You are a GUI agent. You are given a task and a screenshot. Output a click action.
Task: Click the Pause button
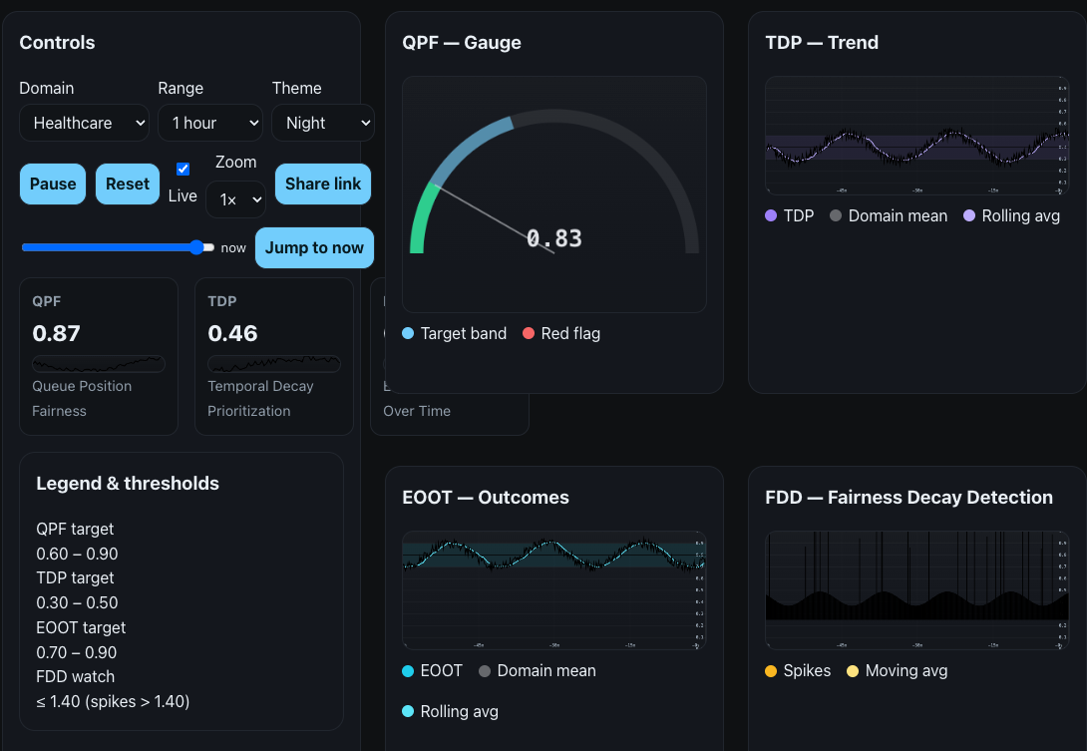tap(53, 184)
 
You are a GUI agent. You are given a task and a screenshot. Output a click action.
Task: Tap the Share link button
tap(323, 184)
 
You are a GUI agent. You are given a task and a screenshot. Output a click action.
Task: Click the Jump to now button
tap(314, 247)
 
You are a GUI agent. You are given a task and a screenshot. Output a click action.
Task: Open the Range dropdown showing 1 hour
tap(209, 123)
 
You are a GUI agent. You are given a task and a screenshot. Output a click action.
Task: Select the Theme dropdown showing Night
tap(323, 123)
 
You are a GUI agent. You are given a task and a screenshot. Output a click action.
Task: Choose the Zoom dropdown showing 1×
tap(235, 199)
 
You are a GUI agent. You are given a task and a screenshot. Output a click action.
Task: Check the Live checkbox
tap(182, 169)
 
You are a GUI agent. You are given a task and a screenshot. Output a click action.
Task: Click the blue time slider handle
tap(197, 247)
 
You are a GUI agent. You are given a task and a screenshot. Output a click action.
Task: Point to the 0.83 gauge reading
tap(553, 238)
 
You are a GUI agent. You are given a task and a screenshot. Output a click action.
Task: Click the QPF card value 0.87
tap(57, 333)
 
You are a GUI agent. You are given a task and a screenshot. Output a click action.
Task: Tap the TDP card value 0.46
tap(232, 333)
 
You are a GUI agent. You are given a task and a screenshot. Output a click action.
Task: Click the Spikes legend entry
tap(797, 670)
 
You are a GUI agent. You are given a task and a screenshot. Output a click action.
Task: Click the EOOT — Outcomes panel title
tap(486, 497)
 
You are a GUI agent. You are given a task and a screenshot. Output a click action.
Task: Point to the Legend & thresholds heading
tap(128, 483)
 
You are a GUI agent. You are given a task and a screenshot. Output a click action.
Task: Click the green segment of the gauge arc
tap(421, 219)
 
